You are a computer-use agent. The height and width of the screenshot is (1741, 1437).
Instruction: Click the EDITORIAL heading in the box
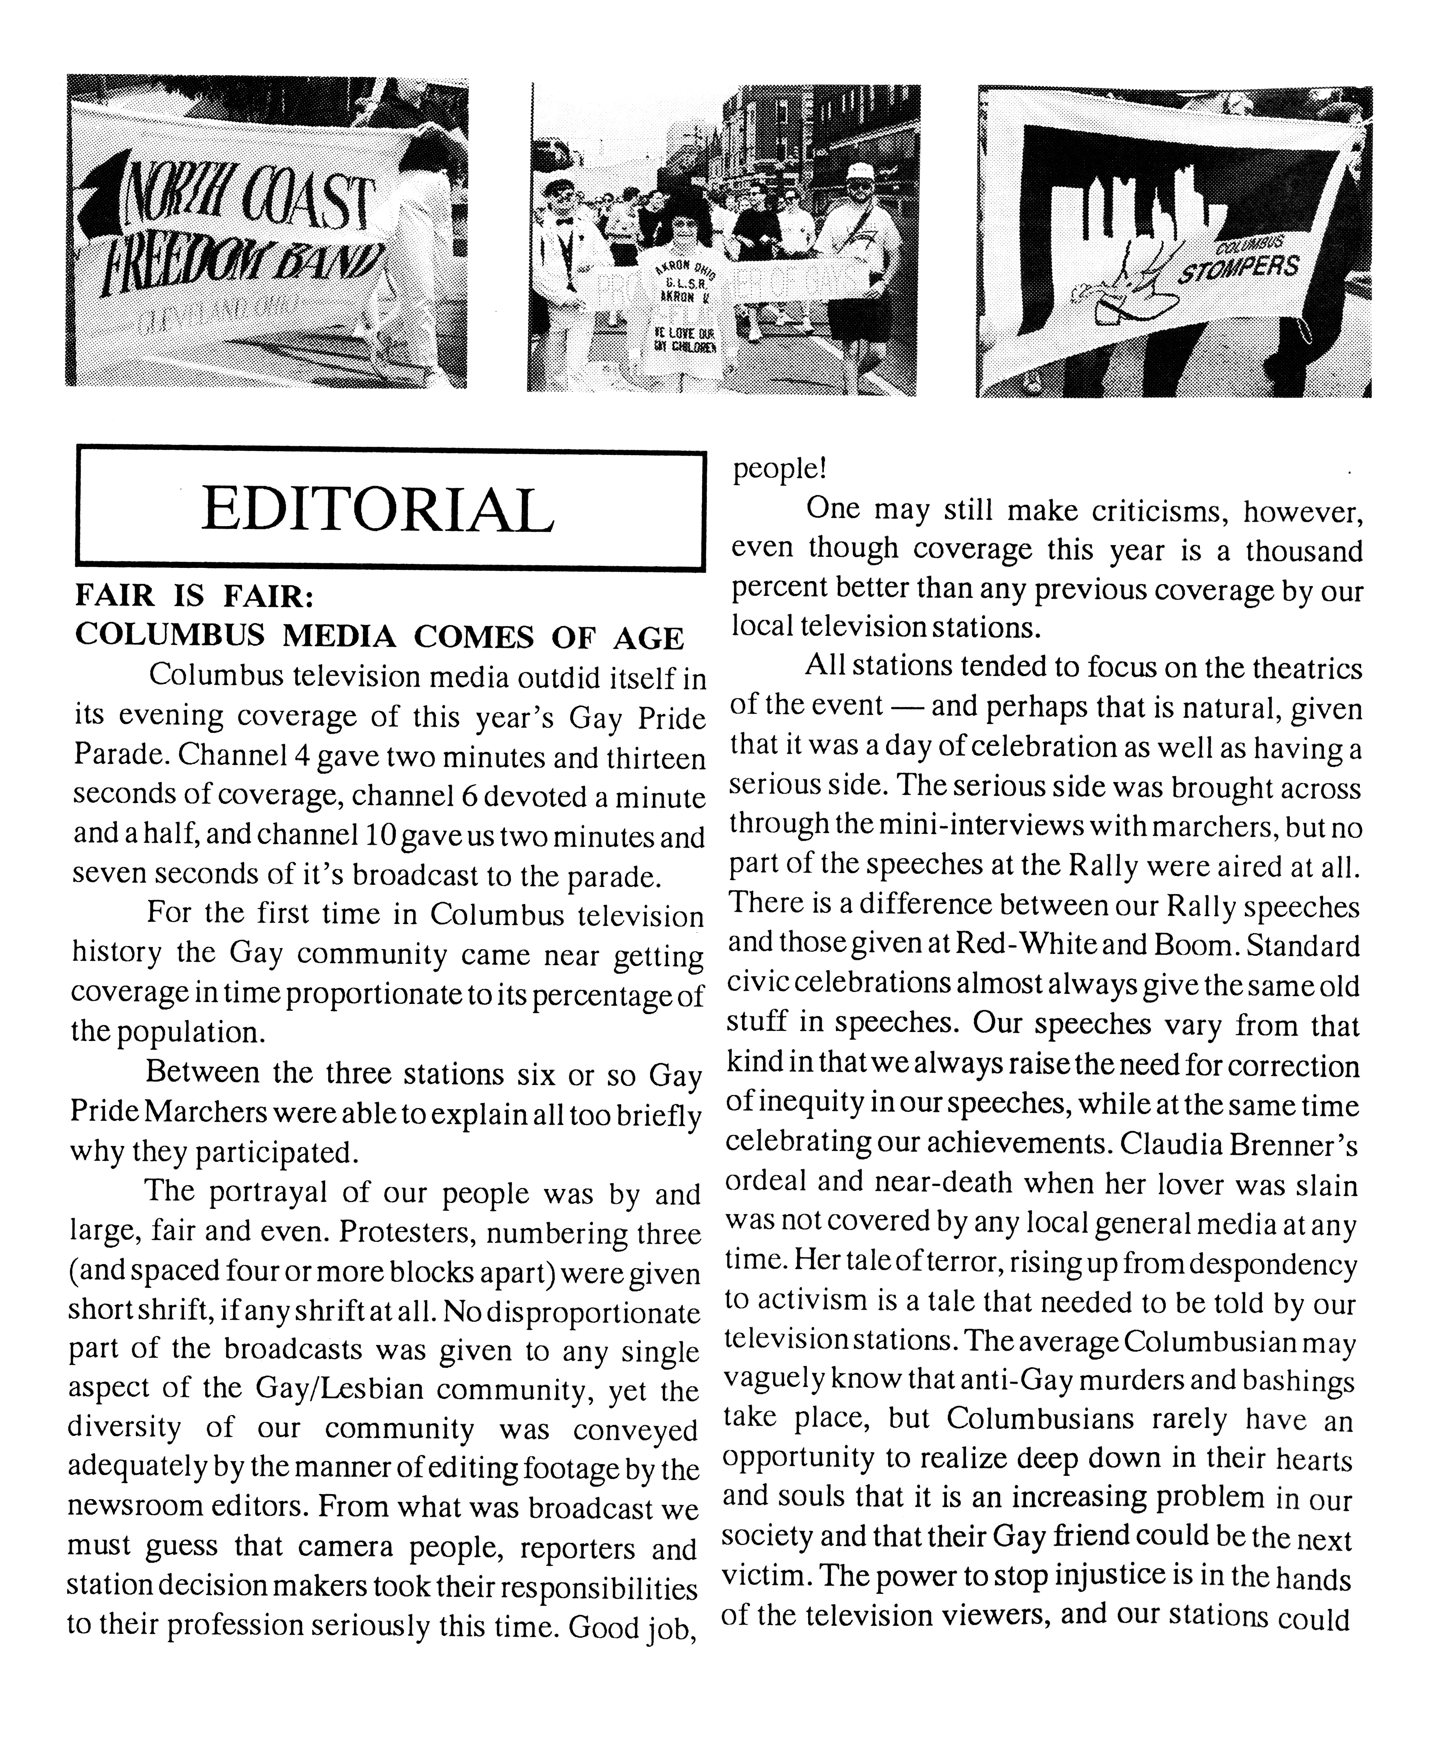pos(377,510)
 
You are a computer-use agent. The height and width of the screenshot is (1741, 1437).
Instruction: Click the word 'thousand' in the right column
pos(1304,550)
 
